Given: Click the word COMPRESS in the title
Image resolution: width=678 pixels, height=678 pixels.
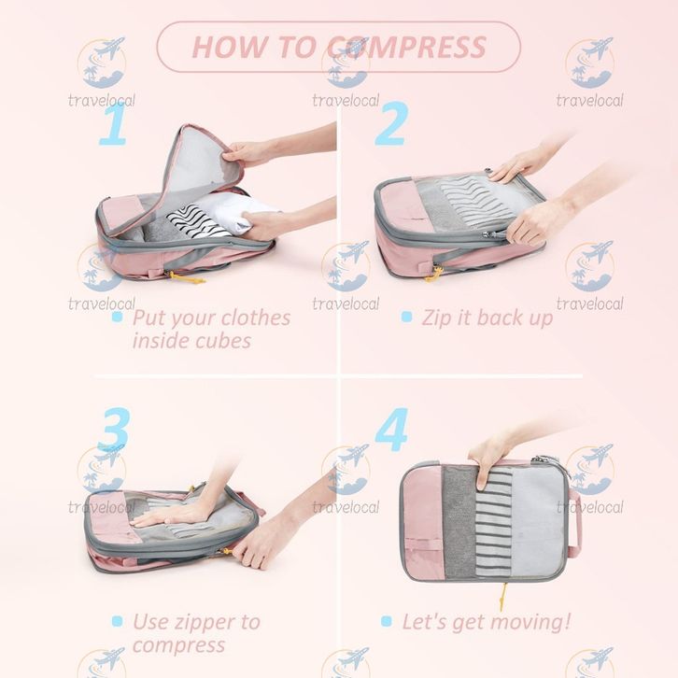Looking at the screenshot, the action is [x=406, y=47].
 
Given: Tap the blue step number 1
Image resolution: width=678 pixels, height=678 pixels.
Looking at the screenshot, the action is [x=114, y=123].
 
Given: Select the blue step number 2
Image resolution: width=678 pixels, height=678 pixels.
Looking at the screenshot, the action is [x=391, y=123].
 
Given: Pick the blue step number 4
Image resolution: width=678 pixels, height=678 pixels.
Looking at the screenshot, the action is [x=391, y=430].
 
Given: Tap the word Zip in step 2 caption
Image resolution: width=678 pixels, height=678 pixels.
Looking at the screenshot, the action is [x=437, y=318].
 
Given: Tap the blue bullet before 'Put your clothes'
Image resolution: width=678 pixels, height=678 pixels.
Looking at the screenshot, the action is [x=117, y=317].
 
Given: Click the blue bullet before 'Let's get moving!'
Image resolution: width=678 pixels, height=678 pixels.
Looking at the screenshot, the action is [x=386, y=621].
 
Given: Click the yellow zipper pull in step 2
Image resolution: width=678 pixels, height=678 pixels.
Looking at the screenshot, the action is [x=434, y=275].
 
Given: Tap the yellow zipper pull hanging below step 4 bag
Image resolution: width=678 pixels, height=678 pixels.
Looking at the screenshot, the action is [x=502, y=596].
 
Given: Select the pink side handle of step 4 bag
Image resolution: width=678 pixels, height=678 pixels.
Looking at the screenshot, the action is [x=574, y=523].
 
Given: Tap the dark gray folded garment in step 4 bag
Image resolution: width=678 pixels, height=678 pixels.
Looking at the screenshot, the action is [x=459, y=522].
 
